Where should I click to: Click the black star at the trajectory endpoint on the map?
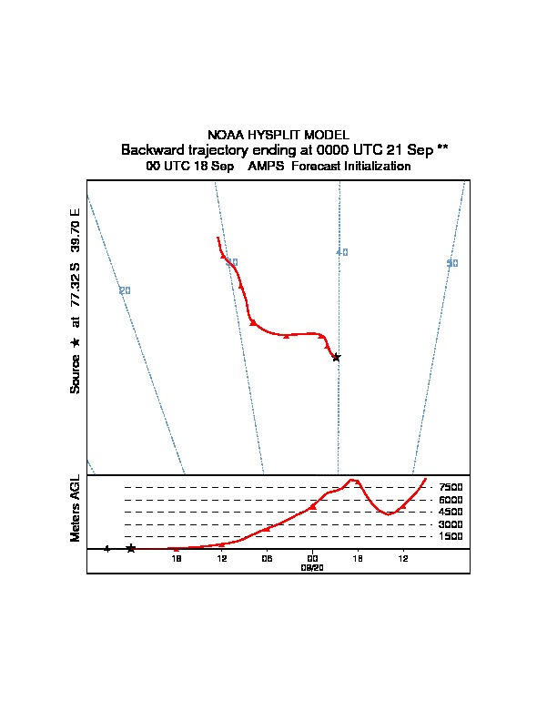tap(336, 357)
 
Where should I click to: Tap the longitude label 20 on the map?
tap(125, 290)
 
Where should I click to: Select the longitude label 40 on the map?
tap(342, 252)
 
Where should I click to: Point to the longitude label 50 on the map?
tap(452, 263)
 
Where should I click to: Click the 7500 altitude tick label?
tap(451, 488)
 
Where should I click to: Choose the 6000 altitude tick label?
tap(451, 500)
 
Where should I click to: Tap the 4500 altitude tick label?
tap(451, 513)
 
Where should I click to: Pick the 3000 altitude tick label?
tap(451, 524)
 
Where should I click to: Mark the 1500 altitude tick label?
tap(451, 537)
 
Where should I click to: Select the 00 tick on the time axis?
tap(312, 558)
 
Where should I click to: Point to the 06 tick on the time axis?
tap(267, 558)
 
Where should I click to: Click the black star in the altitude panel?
tap(131, 548)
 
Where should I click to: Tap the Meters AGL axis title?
tap(76, 508)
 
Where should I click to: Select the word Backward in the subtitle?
tap(152, 149)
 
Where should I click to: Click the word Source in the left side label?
tap(76, 372)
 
